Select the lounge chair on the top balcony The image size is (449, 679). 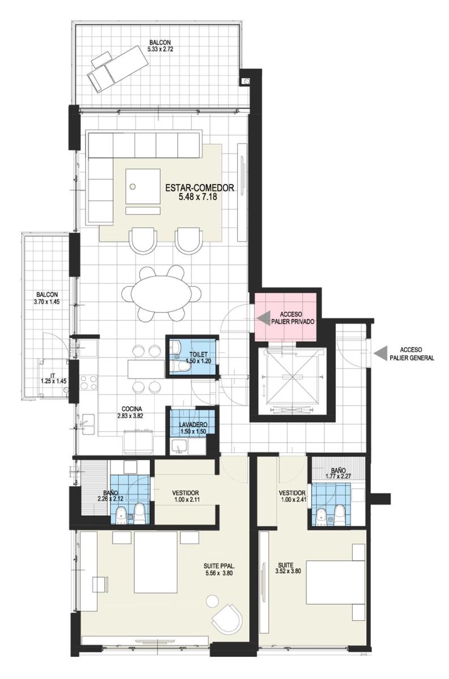[117, 72]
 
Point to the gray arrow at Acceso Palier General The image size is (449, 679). [379, 353]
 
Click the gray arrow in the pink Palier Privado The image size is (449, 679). [263, 318]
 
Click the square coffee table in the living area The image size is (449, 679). [143, 186]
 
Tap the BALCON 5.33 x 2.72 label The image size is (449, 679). [160, 46]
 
